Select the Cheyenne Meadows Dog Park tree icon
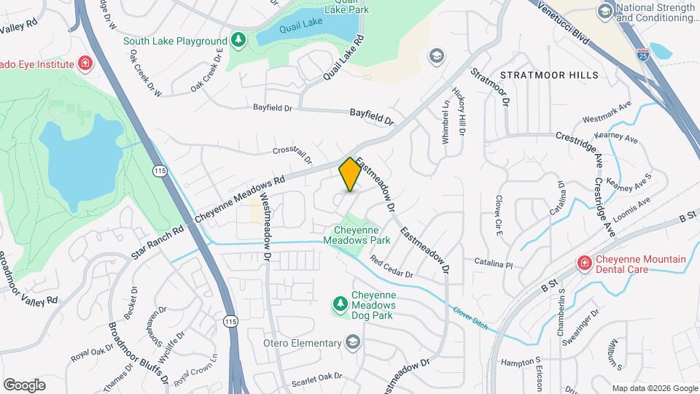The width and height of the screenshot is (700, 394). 339,303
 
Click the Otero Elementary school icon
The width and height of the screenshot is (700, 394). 353,343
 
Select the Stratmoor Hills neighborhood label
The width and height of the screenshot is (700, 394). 549,75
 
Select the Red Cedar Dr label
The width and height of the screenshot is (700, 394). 392,267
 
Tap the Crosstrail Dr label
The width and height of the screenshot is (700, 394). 292,154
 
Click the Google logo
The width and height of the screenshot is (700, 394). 24,385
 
